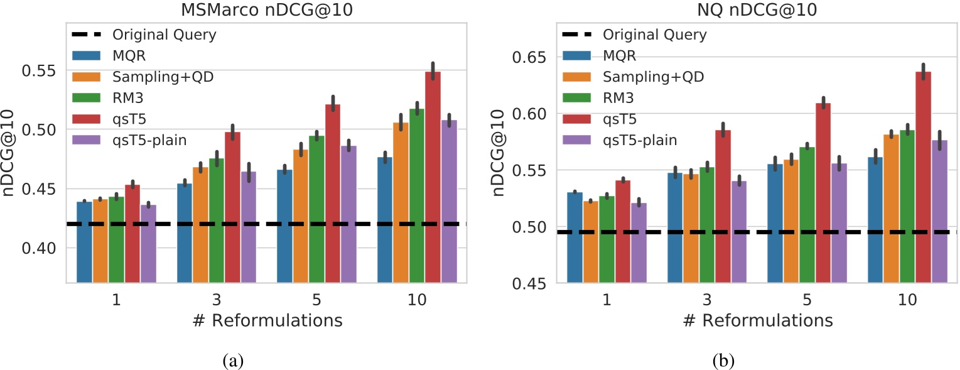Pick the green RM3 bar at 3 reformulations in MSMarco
click(217, 220)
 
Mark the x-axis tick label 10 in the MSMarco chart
click(417, 300)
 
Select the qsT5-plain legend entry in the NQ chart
click(639, 139)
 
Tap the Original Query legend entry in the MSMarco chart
click(164, 34)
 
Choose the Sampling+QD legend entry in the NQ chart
click(653, 77)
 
